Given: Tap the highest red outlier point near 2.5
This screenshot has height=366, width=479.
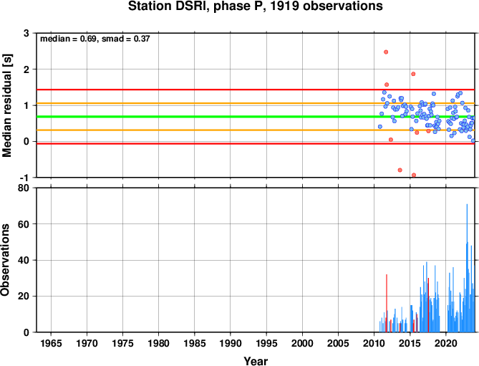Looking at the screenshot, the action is coord(386,52).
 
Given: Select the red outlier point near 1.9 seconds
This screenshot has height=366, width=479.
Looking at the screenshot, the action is coord(413,74).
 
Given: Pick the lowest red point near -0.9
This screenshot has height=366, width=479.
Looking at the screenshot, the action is coord(414,175).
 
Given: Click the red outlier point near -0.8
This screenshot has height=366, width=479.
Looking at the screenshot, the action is coord(400,170).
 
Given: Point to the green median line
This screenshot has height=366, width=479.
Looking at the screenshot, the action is coord(256,117).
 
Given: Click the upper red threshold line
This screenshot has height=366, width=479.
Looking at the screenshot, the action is coord(256,90).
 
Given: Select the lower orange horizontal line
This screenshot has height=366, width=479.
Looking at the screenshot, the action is coord(256,130).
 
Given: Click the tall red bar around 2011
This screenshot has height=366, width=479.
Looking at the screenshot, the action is coord(387,303).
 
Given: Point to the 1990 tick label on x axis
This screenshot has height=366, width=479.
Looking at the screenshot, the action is coord(231,343).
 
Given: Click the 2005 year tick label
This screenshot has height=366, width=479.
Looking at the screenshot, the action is coord(338,343).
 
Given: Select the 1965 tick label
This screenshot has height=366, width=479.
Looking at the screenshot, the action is coord(51,343).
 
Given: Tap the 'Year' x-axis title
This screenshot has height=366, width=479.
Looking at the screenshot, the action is coord(256,361).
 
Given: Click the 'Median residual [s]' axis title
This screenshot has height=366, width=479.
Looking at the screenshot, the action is coord(7,105).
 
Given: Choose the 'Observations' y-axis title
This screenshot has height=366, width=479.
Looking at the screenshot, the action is coord(5,260).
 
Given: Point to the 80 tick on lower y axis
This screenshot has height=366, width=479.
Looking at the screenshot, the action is coord(24,188).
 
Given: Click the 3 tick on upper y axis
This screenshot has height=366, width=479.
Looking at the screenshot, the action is coord(26,33).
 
